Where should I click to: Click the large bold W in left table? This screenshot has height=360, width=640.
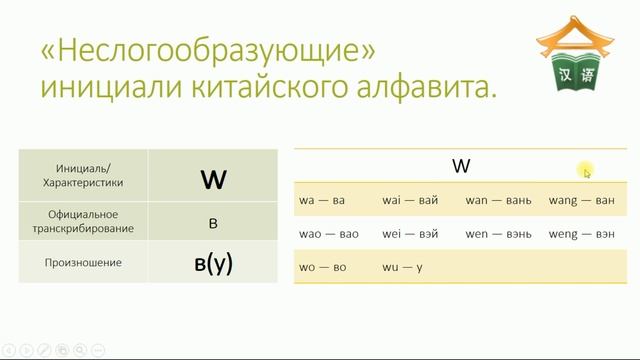213,180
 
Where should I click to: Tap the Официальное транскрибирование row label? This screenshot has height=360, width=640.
84,221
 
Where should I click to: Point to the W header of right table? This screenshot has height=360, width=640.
460,166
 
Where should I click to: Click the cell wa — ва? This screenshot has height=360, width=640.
322,200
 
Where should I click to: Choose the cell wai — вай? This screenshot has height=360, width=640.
410,200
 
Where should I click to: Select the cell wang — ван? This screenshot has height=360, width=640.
581,200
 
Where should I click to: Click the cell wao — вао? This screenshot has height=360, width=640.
328,234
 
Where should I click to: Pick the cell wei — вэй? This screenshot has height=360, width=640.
410,234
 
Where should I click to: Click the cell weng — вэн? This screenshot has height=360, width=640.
581,234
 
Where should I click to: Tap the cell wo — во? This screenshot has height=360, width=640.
322,267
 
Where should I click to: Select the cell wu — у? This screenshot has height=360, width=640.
402,267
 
